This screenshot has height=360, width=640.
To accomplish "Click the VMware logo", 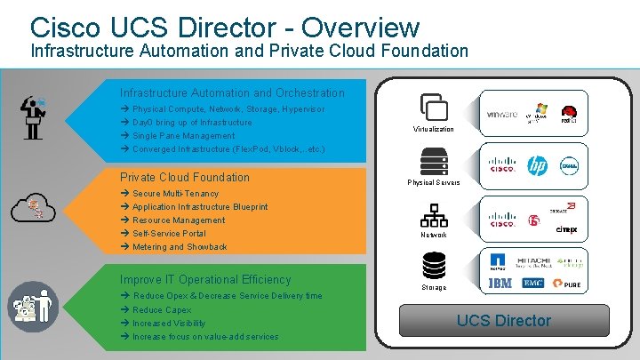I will click(x=502, y=115).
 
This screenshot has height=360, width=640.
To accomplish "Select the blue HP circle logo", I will click(x=537, y=165).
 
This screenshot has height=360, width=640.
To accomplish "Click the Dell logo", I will click(x=568, y=165).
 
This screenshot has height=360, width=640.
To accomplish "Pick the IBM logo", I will click(x=500, y=284).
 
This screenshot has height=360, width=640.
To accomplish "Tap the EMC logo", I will click(x=534, y=284).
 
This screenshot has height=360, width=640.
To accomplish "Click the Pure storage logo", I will click(x=568, y=284).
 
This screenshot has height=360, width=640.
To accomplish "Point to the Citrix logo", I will click(x=566, y=230).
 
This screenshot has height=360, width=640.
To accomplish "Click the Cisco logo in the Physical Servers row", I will click(x=502, y=165).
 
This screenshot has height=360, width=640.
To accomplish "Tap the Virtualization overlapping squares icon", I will click(x=433, y=107).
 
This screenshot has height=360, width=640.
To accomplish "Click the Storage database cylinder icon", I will click(x=434, y=265).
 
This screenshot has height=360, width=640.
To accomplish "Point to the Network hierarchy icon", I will click(x=434, y=216).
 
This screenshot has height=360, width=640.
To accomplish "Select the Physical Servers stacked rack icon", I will click(x=434, y=162).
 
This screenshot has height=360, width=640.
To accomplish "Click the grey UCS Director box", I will click(x=504, y=320).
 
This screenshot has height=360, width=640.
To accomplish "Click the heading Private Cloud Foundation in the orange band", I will click(x=185, y=177).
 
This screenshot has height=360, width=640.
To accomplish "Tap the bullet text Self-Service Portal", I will click(x=169, y=234).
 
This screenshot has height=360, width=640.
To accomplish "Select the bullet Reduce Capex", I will click(x=162, y=310).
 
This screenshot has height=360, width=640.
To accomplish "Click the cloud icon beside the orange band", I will click(x=33, y=208).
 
